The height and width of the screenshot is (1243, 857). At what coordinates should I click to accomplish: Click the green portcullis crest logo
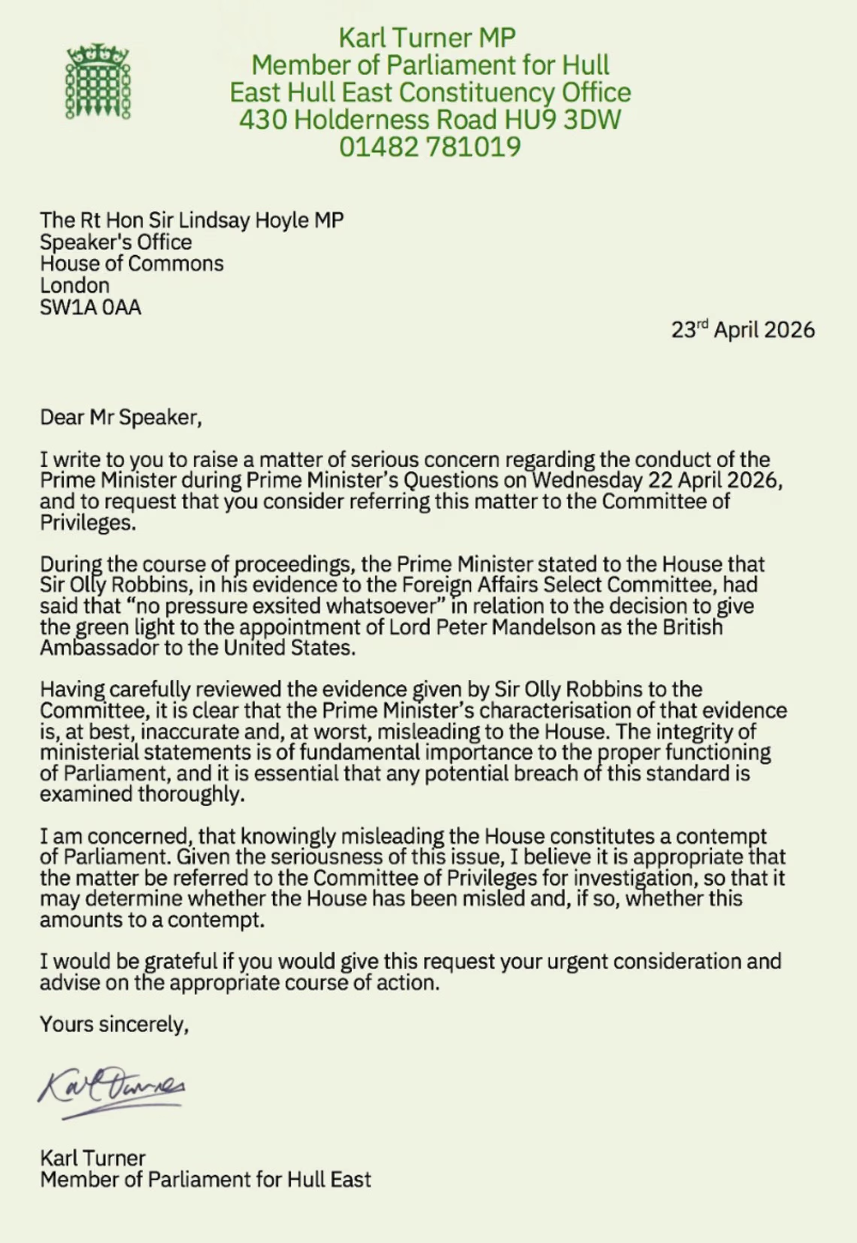tap(98, 82)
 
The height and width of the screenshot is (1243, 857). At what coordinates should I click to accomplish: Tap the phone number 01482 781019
tap(430, 147)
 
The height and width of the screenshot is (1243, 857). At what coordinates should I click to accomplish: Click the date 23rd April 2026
tap(743, 329)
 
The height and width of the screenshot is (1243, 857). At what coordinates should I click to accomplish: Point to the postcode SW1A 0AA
tap(90, 307)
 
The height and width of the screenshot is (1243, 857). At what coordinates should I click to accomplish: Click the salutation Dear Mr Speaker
tap(120, 417)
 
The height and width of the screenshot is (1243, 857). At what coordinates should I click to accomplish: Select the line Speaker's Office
tap(115, 242)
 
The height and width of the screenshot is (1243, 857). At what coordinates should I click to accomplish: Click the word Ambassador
tap(99, 648)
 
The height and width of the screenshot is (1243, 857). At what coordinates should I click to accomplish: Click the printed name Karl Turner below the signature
tap(92, 1158)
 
